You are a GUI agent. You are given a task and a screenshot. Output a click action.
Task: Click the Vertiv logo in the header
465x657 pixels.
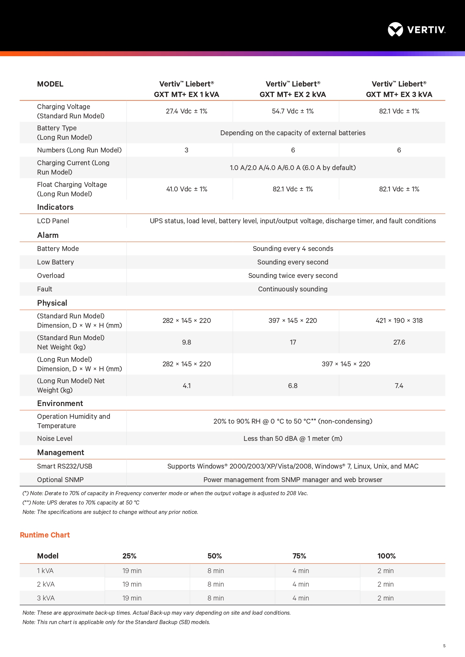pyautogui.click(x=416, y=30)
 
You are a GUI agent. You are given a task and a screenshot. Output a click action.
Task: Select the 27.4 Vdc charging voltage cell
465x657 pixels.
pyautogui.click(x=187, y=111)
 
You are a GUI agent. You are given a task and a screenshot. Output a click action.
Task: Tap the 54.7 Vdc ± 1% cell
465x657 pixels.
pyautogui.click(x=293, y=111)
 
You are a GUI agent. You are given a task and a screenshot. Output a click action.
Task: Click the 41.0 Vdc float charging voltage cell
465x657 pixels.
pyautogui.click(x=187, y=189)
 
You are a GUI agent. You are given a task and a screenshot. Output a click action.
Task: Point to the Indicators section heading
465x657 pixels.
pyautogui.click(x=55, y=207)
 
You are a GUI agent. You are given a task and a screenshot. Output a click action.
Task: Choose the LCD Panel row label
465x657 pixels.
pyautogui.click(x=53, y=221)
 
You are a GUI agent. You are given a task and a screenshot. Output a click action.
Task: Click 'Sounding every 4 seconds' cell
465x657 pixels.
pyautogui.click(x=293, y=249)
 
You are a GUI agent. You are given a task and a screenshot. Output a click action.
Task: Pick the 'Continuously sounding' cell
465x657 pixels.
pyautogui.click(x=293, y=289)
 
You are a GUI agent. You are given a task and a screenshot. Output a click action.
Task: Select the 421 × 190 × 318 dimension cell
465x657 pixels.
pyautogui.click(x=399, y=321)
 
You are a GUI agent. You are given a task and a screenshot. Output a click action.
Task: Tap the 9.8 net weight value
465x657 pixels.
pyautogui.click(x=187, y=342)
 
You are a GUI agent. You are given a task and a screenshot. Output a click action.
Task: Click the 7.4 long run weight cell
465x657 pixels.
pyautogui.click(x=399, y=386)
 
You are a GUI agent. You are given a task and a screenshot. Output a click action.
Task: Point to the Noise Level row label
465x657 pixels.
pyautogui.click(x=55, y=439)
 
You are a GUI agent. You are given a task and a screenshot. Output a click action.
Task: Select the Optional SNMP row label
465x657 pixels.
pyautogui.click(x=60, y=480)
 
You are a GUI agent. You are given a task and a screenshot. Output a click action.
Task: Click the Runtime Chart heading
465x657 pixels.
pyautogui.click(x=45, y=535)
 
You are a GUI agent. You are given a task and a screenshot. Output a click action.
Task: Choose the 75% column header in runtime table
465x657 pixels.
pyautogui.click(x=299, y=556)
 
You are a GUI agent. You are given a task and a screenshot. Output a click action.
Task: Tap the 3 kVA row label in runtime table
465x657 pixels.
pyautogui.click(x=46, y=598)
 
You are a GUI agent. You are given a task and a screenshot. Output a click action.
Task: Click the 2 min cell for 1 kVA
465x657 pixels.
pyautogui.click(x=386, y=571)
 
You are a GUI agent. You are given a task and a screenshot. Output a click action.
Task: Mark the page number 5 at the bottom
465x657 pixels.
pyautogui.click(x=444, y=646)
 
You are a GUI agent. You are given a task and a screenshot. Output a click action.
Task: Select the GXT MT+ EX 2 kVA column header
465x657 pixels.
pyautogui.click(x=293, y=89)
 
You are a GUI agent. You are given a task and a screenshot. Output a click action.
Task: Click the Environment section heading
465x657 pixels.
pyautogui.click(x=60, y=403)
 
